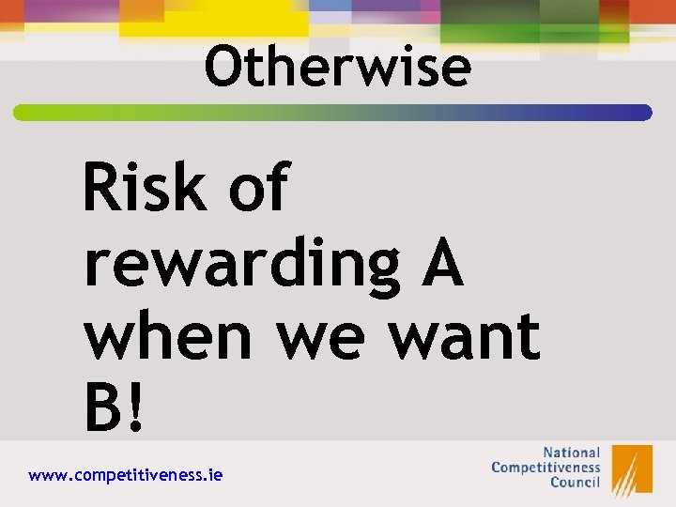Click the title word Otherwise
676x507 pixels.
tap(338, 68)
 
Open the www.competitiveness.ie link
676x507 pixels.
tap(126, 475)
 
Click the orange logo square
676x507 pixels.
tap(632, 469)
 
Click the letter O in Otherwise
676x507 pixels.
tap(223, 68)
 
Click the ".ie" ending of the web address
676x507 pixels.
tap(213, 475)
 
